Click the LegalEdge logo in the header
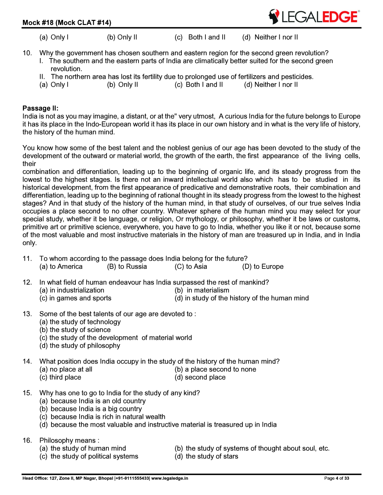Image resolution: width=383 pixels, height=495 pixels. [314, 17]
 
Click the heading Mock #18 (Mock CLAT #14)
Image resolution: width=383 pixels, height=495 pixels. [67, 22]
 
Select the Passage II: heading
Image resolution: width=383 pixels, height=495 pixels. [41, 108]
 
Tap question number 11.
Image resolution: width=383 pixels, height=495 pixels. [27, 258]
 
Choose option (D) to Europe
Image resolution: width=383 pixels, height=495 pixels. [263, 267]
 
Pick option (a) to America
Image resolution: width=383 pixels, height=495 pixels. [61, 267]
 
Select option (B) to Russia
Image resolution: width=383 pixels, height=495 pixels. [127, 267]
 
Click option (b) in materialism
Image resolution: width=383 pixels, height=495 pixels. [202, 290]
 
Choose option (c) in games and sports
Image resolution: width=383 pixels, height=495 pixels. [75, 298]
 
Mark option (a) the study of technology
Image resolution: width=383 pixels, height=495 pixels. [80, 322]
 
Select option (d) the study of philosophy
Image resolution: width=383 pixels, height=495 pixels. [80, 345]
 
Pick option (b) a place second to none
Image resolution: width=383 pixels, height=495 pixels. [215, 369]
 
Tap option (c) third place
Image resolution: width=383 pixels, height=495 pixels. [60, 377]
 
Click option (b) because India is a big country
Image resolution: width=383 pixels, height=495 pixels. [90, 409]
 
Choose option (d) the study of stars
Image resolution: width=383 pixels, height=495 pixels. [206, 456]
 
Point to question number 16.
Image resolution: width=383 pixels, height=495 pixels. [27, 440]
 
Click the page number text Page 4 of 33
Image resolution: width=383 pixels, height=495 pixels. [336, 478]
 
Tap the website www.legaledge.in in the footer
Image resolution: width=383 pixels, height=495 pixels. [170, 478]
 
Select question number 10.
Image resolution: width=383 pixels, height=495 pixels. [27, 53]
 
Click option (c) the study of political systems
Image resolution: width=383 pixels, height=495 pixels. [89, 456]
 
